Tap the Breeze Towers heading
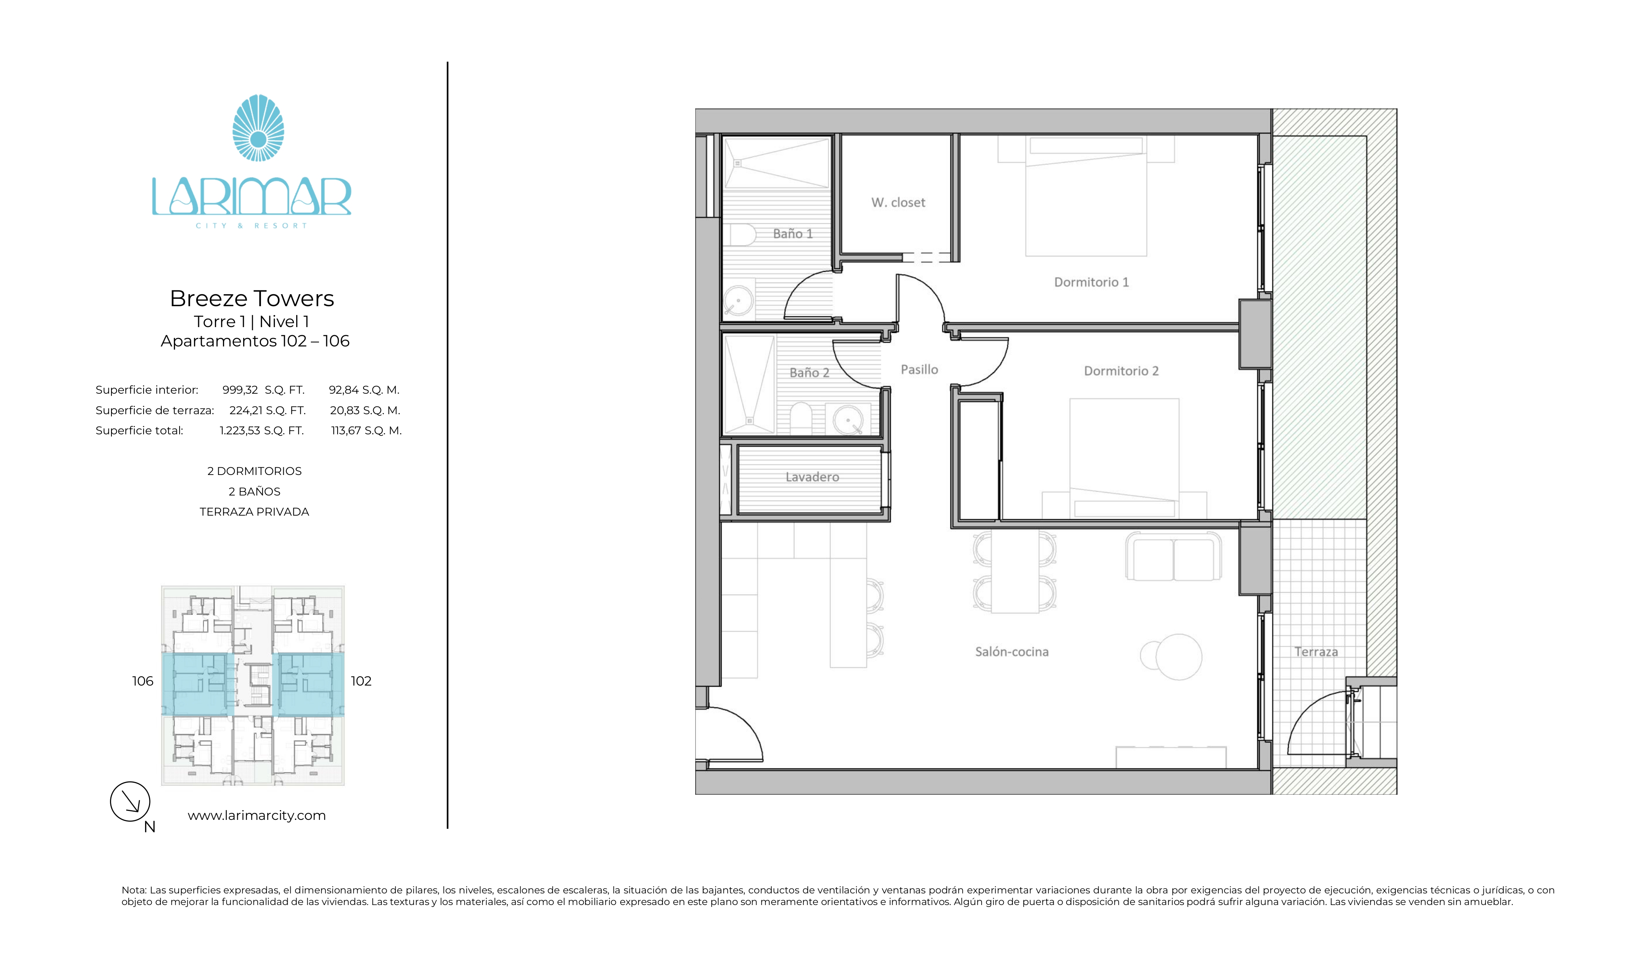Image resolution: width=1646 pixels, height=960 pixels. pyautogui.click(x=252, y=298)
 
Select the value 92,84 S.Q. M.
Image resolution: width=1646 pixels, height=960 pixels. pyautogui.click(x=364, y=390)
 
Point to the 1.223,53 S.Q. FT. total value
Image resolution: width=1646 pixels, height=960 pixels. pyautogui.click(x=261, y=430)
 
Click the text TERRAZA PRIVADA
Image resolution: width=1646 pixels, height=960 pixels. pyautogui.click(x=254, y=512)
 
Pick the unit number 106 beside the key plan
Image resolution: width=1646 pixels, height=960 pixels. pyautogui.click(x=142, y=681)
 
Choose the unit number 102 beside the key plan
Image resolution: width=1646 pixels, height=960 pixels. pyautogui.click(x=361, y=681)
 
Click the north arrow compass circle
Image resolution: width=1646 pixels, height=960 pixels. pyautogui.click(x=130, y=801)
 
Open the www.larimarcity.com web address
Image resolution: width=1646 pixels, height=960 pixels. pyautogui.click(x=257, y=816)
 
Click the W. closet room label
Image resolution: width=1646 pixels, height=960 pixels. pyautogui.click(x=898, y=202)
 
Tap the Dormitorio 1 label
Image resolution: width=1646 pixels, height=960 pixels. pyautogui.click(x=1091, y=282)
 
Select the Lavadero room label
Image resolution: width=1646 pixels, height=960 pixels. pyautogui.click(x=812, y=477)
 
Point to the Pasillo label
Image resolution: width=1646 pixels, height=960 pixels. pyautogui.click(x=919, y=370)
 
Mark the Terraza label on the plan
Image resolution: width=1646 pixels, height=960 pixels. pyautogui.click(x=1315, y=652)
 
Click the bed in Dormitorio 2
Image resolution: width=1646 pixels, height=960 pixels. pyautogui.click(x=1124, y=457)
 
